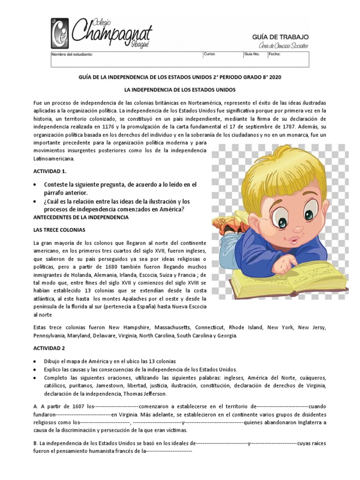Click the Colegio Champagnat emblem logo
[x=61, y=33]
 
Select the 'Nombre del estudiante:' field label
[x=72, y=54]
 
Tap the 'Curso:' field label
[x=209, y=54]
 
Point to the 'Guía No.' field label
[x=252, y=54]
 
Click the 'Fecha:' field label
[x=274, y=54]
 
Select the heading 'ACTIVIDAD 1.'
[x=50, y=172]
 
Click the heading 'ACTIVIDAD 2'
[x=49, y=349]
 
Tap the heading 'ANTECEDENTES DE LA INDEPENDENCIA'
[x=80, y=218]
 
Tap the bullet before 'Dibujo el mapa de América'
[x=35, y=361]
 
